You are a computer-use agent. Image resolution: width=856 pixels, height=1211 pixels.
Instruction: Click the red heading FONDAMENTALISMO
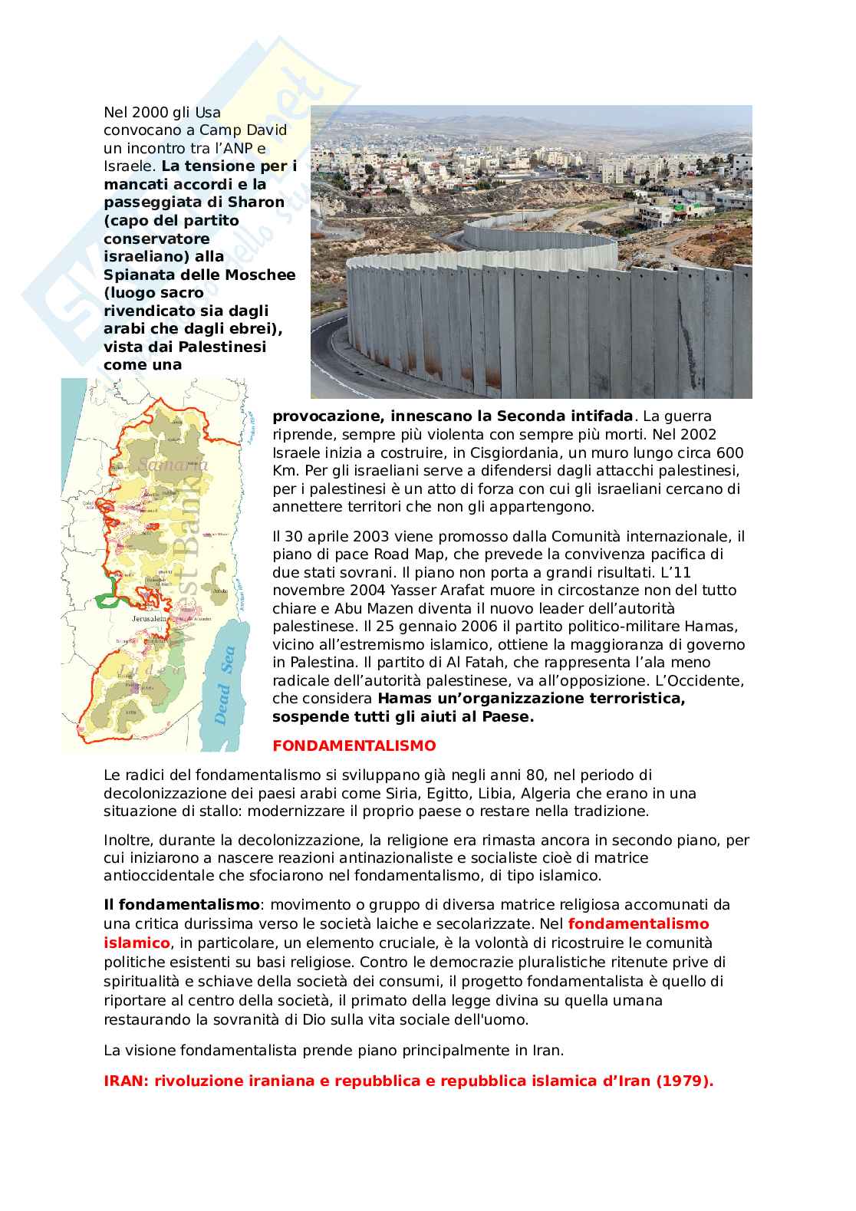[354, 745]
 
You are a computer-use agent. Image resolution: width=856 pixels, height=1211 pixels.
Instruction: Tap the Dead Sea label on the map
[225, 686]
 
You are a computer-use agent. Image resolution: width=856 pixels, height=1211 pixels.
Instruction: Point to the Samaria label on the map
[173, 465]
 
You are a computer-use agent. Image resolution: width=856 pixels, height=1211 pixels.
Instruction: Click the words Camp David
[243, 130]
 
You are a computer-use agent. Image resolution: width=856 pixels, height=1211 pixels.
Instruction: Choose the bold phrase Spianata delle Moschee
[199, 275]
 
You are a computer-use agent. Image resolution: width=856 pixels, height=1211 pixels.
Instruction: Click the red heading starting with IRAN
[408, 1081]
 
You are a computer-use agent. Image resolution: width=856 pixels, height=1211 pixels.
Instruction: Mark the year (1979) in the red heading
[684, 1081]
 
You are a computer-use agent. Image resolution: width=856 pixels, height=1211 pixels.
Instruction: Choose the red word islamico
[137, 943]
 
